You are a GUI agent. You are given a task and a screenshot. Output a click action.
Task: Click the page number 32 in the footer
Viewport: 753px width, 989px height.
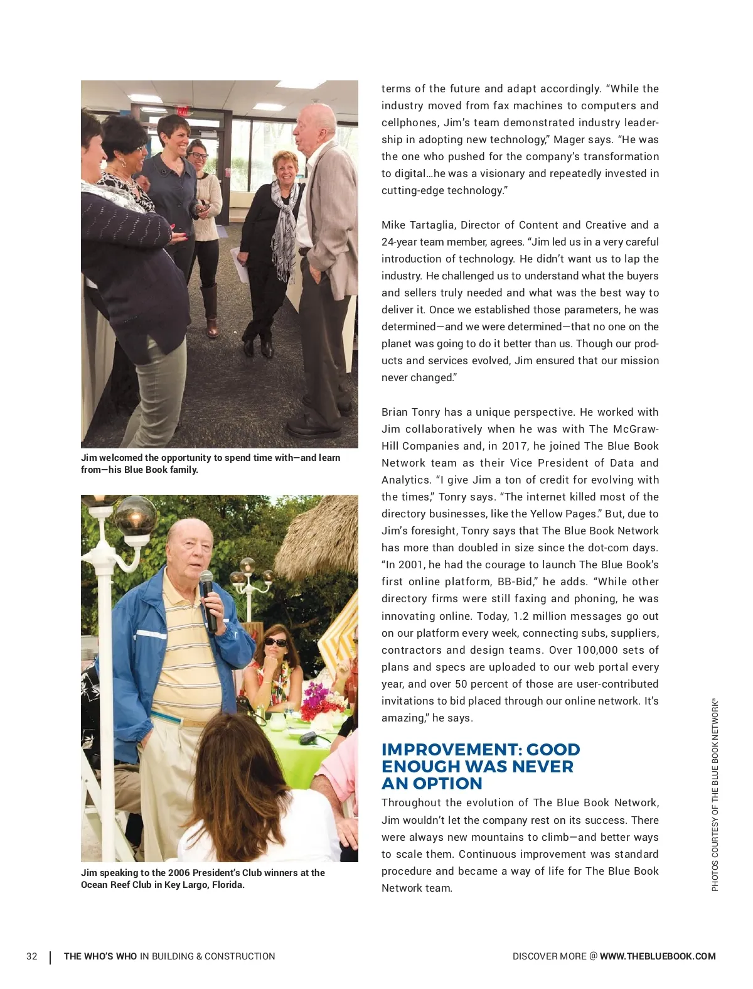tap(31, 956)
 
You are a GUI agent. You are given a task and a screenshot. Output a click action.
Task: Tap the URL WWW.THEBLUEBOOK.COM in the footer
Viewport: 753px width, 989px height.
tap(658, 956)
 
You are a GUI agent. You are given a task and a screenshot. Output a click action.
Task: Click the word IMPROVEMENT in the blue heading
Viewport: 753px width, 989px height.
tap(449, 750)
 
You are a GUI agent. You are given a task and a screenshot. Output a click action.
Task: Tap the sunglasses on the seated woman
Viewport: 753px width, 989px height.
tap(275, 642)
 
